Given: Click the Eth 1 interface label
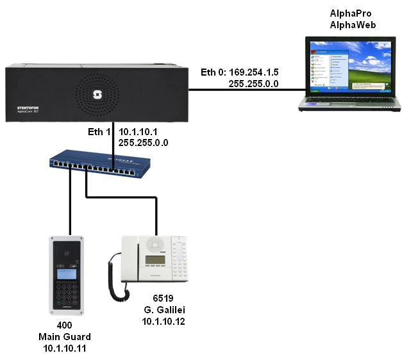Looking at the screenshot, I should coord(99,131).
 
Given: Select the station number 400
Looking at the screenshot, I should coord(64,325).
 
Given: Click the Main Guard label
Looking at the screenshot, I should coord(64,336).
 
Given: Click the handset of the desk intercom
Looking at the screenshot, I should coord(115,272).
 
